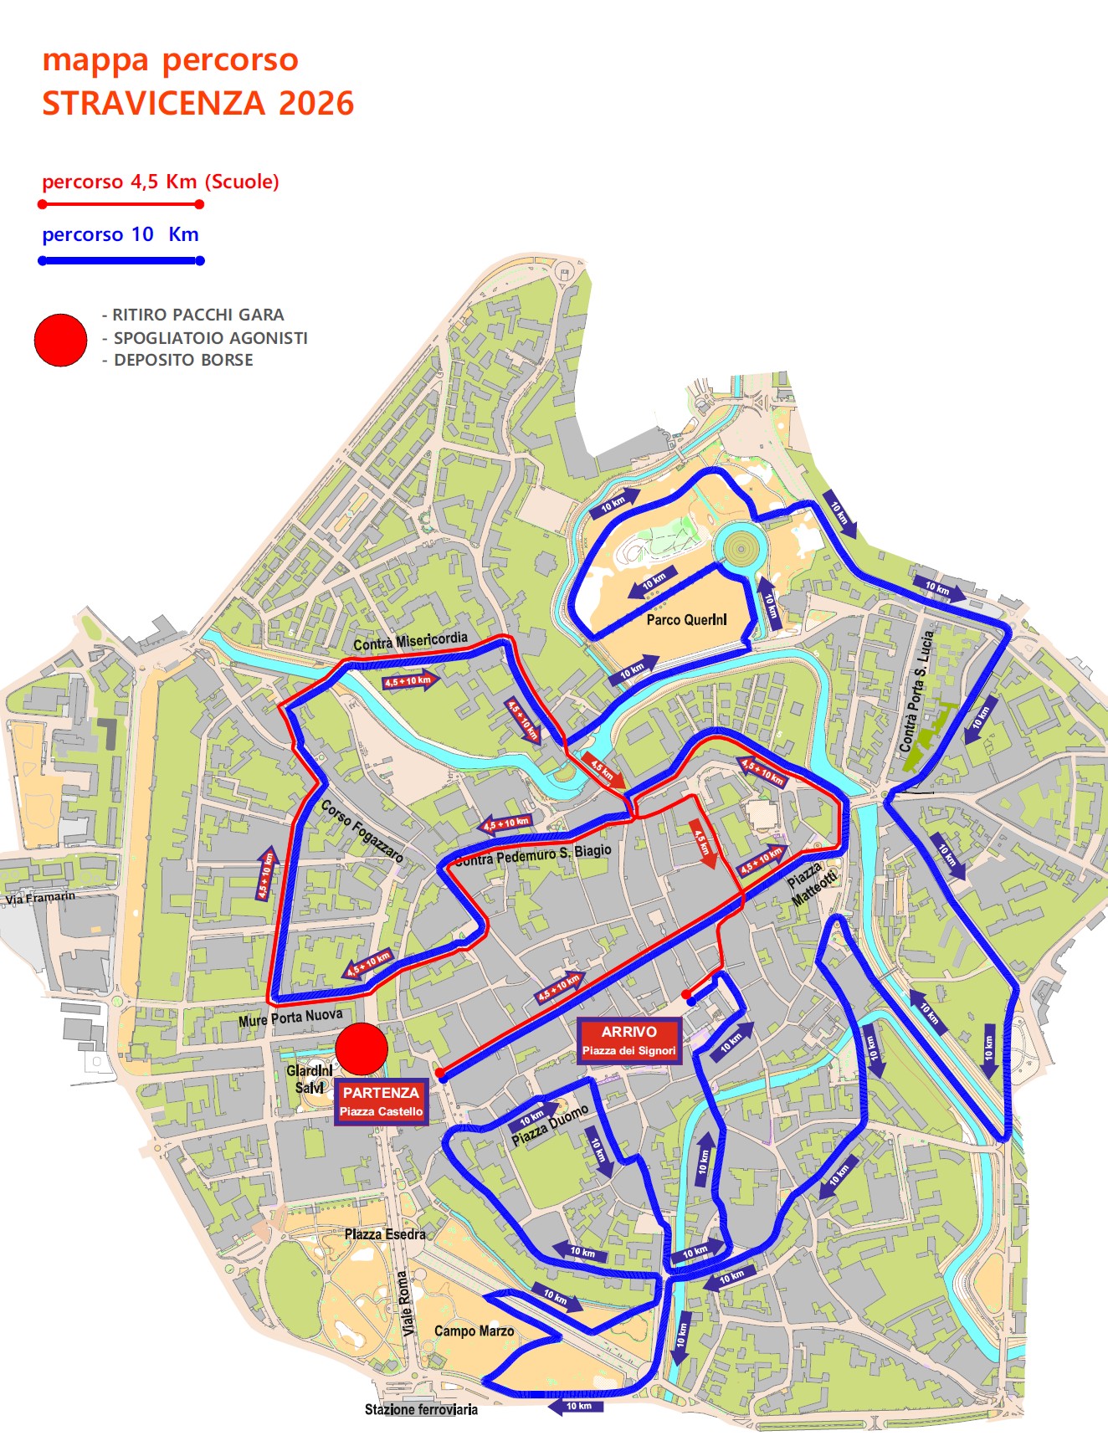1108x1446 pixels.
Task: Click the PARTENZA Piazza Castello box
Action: pos(381,1102)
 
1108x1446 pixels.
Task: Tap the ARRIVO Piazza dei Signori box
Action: pos(628,1041)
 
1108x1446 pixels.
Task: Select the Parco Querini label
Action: pos(686,620)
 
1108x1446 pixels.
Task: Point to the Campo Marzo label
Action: pos(474,1331)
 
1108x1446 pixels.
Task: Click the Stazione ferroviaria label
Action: pos(421,1410)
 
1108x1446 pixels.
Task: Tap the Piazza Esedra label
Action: pos(385,1234)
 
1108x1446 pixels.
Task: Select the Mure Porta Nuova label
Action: pos(290,1018)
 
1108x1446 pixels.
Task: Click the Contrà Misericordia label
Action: pos(410,642)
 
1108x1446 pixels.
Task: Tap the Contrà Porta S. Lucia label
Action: pos(916,691)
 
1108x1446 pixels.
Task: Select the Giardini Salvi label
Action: pos(310,1079)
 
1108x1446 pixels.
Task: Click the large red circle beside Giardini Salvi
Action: pos(362,1049)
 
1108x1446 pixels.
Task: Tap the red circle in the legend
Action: pos(60,340)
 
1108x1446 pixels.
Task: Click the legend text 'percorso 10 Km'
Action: pos(121,234)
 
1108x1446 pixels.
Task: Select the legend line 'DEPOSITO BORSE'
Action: pos(183,360)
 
